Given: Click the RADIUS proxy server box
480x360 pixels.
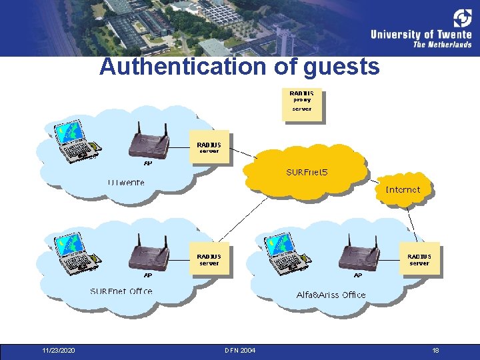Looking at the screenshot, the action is [302, 104].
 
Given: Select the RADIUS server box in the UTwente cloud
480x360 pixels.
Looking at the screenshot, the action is [209, 147].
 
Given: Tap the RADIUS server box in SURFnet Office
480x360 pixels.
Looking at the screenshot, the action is [209, 259].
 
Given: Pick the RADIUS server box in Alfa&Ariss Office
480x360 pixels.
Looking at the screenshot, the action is [419, 259].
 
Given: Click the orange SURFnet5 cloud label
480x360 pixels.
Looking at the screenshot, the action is [307, 173].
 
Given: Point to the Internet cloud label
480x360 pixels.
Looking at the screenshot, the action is [403, 190].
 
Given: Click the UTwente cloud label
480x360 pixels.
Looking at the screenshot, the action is [126, 182].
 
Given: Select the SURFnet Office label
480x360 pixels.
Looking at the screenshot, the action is [121, 291].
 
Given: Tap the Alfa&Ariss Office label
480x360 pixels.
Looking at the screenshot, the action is [331, 295].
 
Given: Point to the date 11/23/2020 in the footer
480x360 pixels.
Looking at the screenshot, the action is [58, 351].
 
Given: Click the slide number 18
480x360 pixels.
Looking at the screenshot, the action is [435, 351].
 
